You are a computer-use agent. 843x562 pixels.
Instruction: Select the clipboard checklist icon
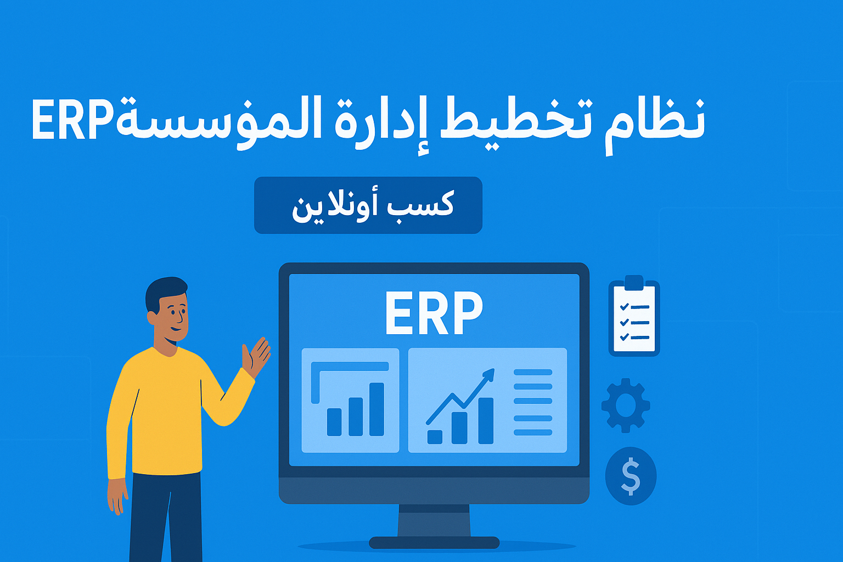pos(634,316)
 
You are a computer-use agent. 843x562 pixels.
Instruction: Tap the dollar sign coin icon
pos(631,476)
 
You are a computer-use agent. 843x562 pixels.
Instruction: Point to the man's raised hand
pos(255,356)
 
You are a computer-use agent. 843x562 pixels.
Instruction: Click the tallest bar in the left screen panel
pos(376,409)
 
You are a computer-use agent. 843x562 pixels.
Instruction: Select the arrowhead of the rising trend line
pos(489,375)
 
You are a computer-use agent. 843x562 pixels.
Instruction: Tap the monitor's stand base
pos(434,543)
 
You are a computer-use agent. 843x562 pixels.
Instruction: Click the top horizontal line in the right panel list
pos(533,372)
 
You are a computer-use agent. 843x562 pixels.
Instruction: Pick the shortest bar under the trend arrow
pos(435,437)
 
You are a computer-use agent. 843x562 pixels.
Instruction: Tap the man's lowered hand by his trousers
pos(117,496)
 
